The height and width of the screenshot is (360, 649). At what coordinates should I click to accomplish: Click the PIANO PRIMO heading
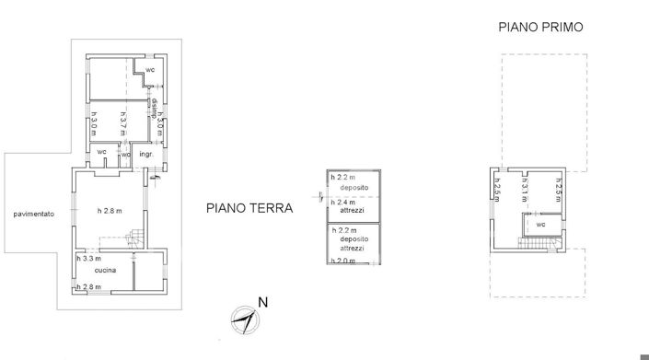[x=541, y=28]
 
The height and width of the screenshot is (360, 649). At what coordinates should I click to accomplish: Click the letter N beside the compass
[x=263, y=302]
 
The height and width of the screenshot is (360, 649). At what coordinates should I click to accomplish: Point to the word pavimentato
[x=34, y=215]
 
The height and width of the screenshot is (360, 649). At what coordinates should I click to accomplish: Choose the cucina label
[x=105, y=271]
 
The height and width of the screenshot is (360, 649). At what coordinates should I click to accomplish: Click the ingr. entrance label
[x=145, y=154]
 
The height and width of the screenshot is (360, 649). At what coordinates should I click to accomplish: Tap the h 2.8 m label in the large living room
[x=110, y=211]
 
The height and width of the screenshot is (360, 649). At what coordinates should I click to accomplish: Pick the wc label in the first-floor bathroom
[x=541, y=224]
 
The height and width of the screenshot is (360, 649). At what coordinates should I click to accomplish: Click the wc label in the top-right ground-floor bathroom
[x=149, y=70]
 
